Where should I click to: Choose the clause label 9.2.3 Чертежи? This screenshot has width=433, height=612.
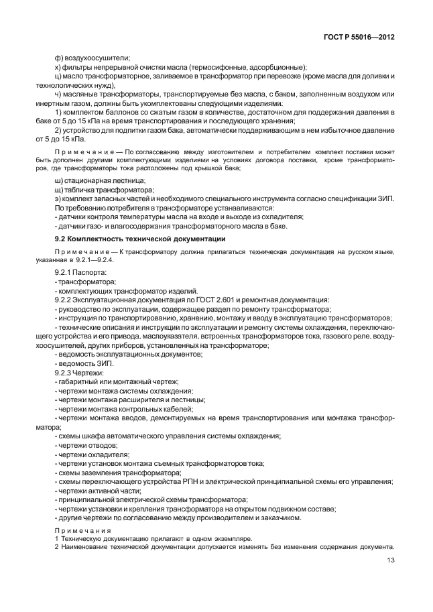tap(79, 371)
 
